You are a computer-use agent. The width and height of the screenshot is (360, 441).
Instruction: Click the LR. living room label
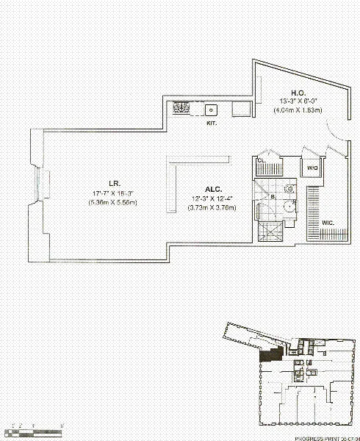96,184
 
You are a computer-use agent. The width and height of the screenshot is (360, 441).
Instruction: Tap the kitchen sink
212,110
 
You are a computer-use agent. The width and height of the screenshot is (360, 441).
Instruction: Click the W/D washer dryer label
312,168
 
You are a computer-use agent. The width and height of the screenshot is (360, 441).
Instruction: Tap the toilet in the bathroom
289,189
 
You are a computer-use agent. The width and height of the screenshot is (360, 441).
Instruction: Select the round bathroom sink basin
289,207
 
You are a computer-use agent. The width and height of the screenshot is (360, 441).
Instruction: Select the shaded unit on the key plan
272,355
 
